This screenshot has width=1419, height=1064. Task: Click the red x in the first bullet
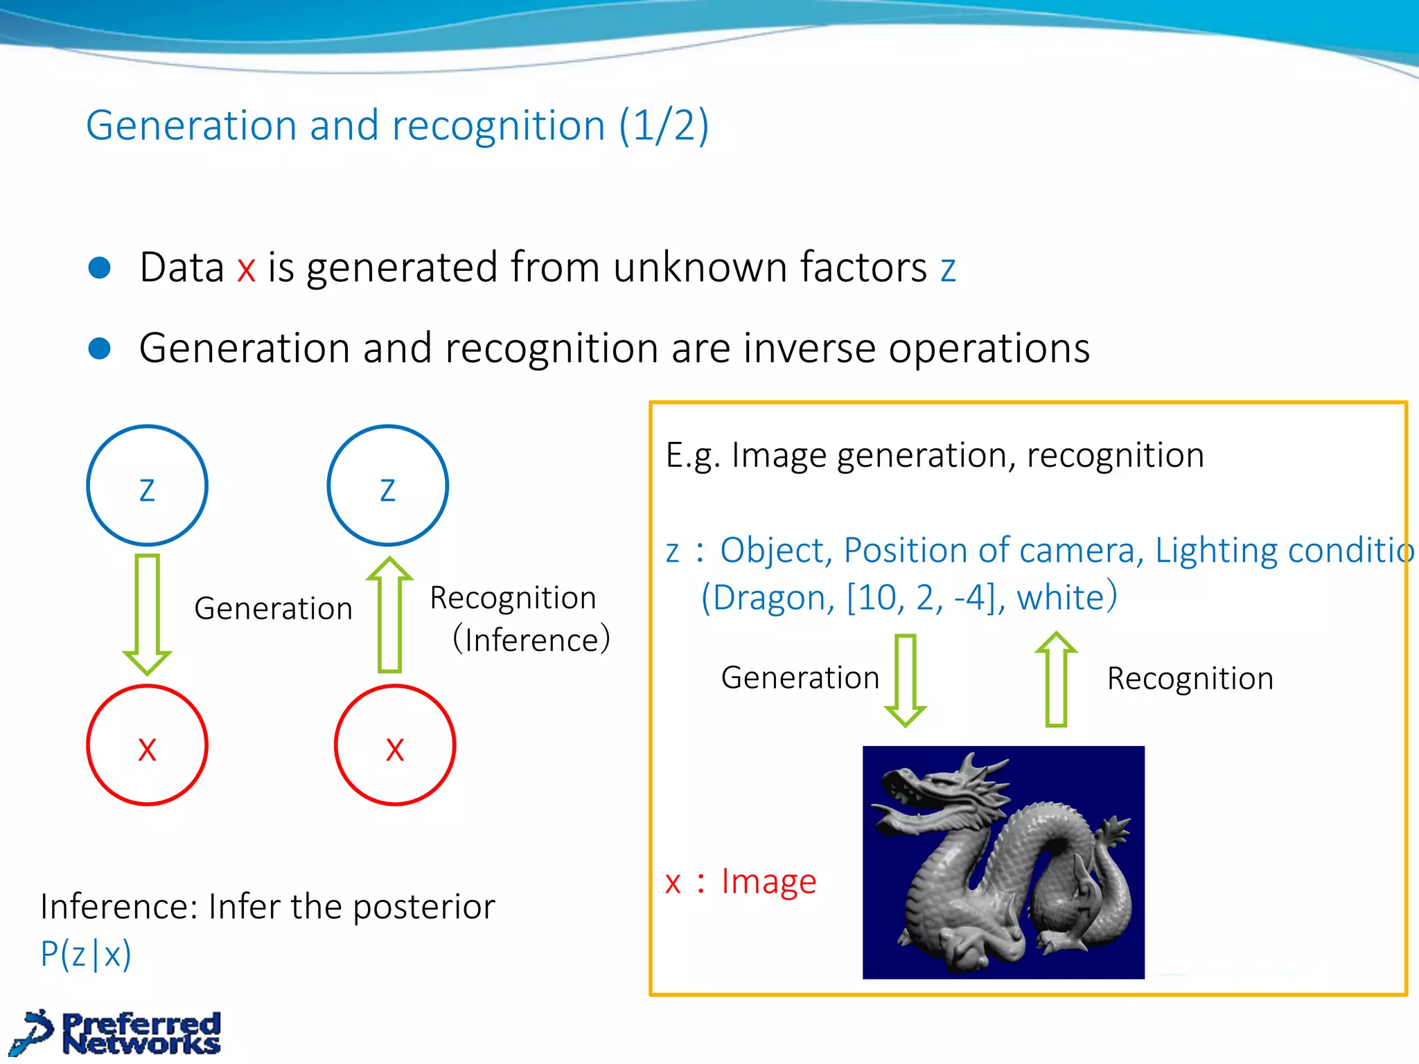click(246, 269)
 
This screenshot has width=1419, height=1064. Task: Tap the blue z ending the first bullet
click(948, 269)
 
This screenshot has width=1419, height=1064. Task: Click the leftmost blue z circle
click(147, 486)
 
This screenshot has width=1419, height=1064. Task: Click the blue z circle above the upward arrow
click(387, 486)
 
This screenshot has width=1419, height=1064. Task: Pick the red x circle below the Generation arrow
click(147, 745)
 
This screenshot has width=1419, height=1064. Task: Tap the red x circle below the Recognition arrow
click(395, 745)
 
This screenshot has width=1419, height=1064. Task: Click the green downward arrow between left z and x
click(148, 614)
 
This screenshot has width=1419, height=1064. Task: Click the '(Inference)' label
click(531, 639)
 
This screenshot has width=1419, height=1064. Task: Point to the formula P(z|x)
click(85, 955)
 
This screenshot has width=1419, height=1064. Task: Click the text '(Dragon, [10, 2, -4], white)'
click(908, 597)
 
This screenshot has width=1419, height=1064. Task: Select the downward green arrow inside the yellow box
click(905, 680)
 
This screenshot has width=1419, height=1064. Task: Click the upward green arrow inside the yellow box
click(1056, 678)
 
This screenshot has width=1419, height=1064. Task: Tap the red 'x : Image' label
click(741, 883)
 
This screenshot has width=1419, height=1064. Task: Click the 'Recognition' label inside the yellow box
click(1190, 678)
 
